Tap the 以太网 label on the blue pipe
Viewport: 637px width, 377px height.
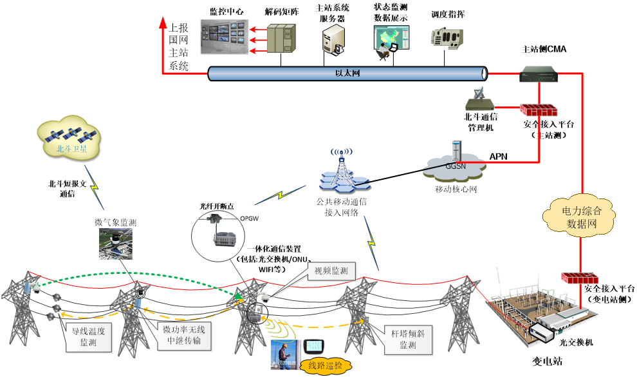[347, 73]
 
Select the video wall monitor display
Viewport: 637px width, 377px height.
[224, 36]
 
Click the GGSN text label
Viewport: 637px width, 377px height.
[456, 166]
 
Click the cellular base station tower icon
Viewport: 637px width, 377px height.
[344, 171]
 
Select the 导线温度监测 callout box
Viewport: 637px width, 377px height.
[88, 338]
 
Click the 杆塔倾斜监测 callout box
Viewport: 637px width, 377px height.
[407, 340]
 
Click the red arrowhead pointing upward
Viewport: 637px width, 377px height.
[163, 24]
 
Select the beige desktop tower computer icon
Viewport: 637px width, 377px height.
[333, 38]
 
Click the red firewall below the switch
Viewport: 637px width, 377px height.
[539, 110]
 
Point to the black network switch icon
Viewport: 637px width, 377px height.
[539, 75]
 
